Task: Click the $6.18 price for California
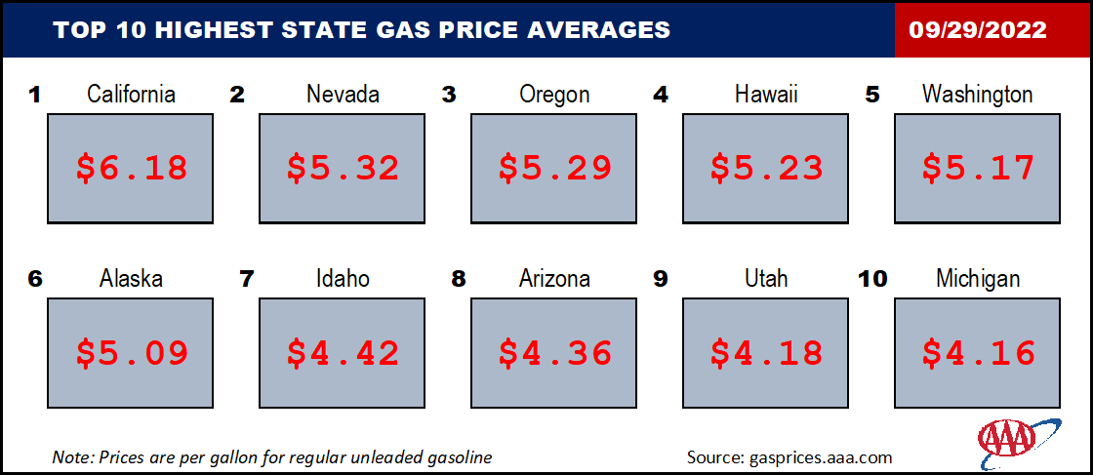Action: click(132, 168)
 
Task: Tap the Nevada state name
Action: click(343, 94)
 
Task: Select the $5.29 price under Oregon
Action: click(555, 168)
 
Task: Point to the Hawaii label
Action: click(766, 94)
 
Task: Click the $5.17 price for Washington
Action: click(978, 168)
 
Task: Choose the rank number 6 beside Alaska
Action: click(34, 279)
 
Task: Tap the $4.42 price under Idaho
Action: click(343, 352)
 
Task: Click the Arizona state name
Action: click(555, 279)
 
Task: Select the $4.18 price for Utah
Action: click(766, 352)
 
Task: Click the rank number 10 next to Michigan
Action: click(873, 279)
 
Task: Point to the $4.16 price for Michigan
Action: click(978, 352)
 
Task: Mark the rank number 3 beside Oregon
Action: click(449, 94)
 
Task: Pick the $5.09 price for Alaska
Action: click(132, 352)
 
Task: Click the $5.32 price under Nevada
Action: click(343, 168)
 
